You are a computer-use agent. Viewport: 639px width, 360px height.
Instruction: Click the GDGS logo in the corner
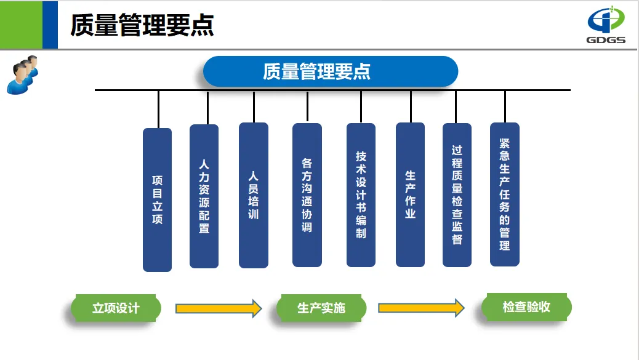click(606, 24)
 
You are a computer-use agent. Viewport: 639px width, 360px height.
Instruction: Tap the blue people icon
click(22, 74)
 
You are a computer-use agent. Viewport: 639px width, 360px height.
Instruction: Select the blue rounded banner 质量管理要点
click(331, 71)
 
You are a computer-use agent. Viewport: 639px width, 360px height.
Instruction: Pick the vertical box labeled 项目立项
click(157, 199)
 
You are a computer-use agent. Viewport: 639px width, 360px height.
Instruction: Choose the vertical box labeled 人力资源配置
click(204, 196)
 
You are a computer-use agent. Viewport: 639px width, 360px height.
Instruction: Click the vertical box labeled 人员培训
click(253, 195)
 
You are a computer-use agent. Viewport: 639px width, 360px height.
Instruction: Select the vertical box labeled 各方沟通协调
click(307, 195)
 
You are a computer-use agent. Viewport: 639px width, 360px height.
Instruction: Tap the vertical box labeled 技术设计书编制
click(361, 195)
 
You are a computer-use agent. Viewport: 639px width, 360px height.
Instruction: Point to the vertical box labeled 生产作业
click(410, 194)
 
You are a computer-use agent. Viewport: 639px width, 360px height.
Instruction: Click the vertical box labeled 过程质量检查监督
click(457, 194)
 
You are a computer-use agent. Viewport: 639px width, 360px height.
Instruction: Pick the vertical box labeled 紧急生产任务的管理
click(505, 194)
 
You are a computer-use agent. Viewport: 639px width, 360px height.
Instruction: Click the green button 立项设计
click(116, 308)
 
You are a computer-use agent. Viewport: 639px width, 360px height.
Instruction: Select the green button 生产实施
click(321, 308)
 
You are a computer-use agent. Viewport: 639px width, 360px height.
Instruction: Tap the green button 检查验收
click(526, 307)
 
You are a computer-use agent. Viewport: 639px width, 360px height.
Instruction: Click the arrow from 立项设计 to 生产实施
click(219, 308)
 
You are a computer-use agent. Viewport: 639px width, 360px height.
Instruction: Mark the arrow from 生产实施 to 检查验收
click(421, 307)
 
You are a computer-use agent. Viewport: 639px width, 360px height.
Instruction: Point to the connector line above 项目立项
click(158, 109)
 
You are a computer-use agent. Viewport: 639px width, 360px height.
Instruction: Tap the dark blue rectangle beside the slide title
click(50, 25)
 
